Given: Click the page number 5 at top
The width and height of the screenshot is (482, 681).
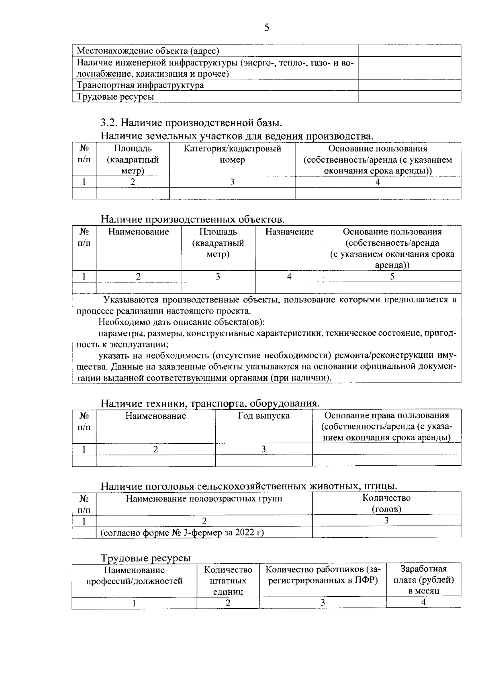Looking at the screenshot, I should (x=267, y=27).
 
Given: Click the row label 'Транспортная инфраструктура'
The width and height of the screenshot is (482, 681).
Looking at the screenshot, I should (x=140, y=85).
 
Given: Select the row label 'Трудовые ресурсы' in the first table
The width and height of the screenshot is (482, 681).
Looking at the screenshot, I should (x=115, y=97).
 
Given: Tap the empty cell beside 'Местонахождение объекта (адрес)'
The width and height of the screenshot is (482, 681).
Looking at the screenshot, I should (x=409, y=51).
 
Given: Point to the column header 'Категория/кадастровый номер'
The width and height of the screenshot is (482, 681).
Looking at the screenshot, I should (x=232, y=154).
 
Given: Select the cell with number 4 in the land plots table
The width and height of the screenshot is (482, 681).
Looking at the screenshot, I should (x=378, y=182).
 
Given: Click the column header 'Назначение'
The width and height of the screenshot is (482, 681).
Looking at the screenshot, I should (x=289, y=232).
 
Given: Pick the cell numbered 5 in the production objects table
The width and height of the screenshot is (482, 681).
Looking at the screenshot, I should (x=392, y=276).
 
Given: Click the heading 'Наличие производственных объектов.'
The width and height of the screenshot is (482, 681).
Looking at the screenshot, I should (x=192, y=219).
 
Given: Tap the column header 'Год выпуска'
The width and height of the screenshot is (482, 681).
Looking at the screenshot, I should (x=263, y=416).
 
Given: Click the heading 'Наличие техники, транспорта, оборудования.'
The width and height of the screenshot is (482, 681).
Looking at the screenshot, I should (x=210, y=403).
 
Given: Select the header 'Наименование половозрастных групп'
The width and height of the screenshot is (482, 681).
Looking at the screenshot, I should (x=204, y=499).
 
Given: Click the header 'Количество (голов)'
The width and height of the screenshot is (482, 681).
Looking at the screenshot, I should (x=386, y=504).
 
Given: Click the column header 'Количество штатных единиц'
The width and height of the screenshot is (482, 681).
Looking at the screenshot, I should (x=228, y=581).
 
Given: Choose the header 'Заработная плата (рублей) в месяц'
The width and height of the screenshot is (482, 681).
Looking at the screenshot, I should (x=423, y=580).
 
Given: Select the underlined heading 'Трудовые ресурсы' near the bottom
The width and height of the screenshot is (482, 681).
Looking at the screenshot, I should (x=145, y=558).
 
